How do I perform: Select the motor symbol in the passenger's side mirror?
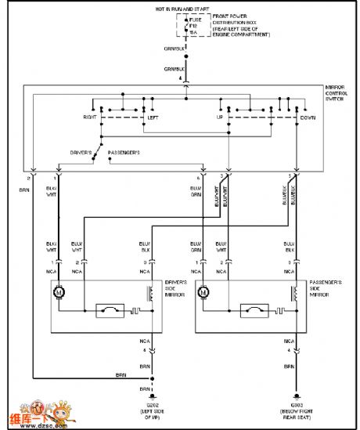[204, 293]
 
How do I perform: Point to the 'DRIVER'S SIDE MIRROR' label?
[177, 287]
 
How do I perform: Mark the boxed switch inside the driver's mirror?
[110, 311]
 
